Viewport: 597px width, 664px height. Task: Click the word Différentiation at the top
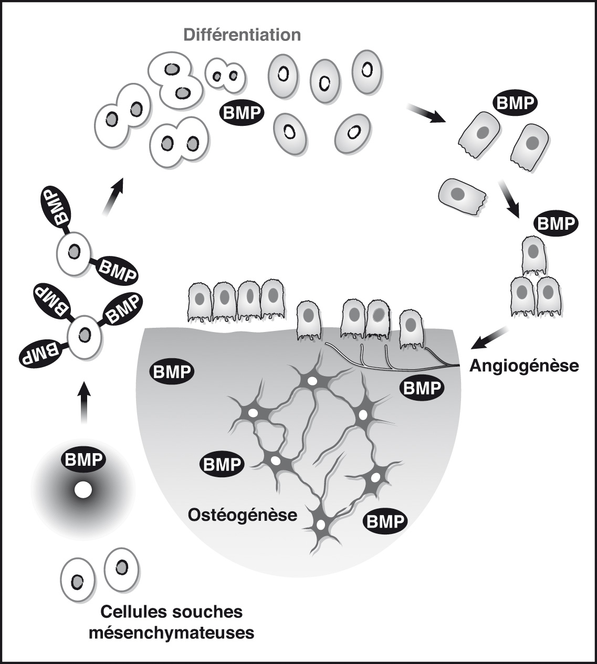[x=241, y=36]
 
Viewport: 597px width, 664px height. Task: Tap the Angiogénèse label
[x=524, y=365]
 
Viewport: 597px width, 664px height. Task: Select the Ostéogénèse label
[x=242, y=515]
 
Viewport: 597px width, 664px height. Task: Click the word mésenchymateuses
[x=172, y=633]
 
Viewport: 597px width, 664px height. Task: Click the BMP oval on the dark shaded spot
[x=84, y=460]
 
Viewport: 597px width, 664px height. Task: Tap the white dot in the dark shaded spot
[x=83, y=490]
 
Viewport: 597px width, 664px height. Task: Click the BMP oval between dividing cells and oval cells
[x=242, y=112]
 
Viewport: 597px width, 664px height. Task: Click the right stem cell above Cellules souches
[x=122, y=569]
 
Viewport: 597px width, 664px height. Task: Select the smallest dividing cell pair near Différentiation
[x=225, y=76]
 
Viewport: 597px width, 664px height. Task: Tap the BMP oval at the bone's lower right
[x=385, y=522]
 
